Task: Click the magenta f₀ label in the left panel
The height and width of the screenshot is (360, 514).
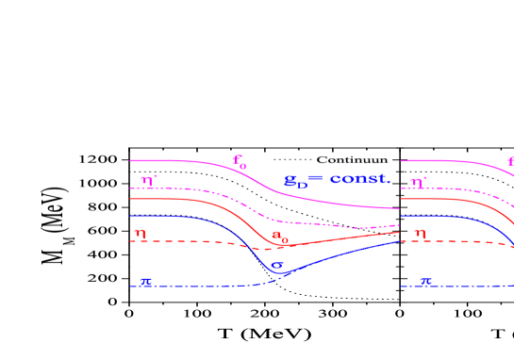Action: point(240,161)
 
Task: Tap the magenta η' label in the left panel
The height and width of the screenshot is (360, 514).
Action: point(149,180)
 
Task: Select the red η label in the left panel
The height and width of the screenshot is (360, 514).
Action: point(140,233)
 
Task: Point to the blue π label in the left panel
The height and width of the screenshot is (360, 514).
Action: point(145,281)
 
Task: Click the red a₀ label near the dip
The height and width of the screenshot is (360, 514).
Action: point(279,236)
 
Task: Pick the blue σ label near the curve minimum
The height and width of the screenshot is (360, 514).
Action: point(277,265)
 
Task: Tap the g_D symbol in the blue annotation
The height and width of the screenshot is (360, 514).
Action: point(295,181)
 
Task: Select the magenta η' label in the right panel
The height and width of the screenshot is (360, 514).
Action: point(419,180)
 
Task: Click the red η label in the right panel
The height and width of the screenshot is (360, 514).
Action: point(420,233)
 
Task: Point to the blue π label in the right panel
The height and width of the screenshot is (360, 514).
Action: point(425,281)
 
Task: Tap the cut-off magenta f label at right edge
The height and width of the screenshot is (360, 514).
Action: point(510,161)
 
